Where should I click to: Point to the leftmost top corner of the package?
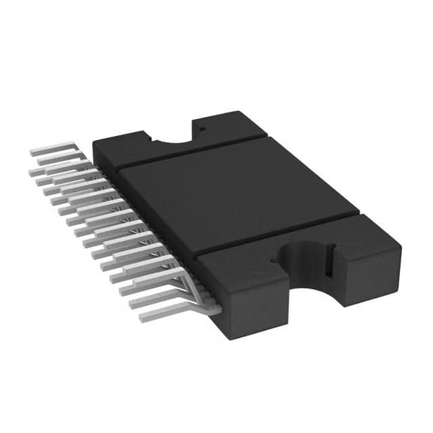(93, 143)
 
